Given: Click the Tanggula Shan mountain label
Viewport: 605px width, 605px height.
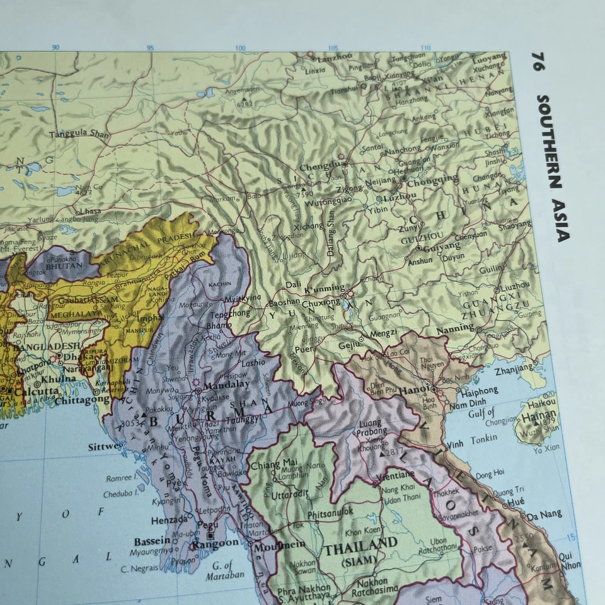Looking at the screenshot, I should (x=79, y=133).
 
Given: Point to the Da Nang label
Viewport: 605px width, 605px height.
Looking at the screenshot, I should (x=544, y=515).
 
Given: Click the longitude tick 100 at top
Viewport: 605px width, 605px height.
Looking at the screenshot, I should (x=240, y=48).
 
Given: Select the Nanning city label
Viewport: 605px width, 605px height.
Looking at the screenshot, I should (x=455, y=328).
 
